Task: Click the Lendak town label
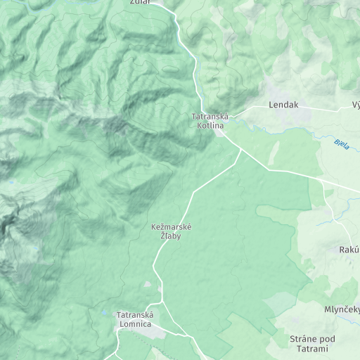(283, 105)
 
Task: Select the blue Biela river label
(342, 143)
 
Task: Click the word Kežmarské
(172, 227)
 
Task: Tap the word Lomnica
(134, 324)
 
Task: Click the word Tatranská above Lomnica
(134, 315)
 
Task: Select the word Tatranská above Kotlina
(209, 116)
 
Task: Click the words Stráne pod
(312, 340)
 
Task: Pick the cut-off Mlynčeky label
(342, 310)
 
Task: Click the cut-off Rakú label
(349, 250)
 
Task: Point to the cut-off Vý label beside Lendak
(356, 105)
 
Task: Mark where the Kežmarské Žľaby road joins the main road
(241, 150)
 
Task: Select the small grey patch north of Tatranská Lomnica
(148, 285)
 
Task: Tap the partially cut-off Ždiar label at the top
(141, 3)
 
